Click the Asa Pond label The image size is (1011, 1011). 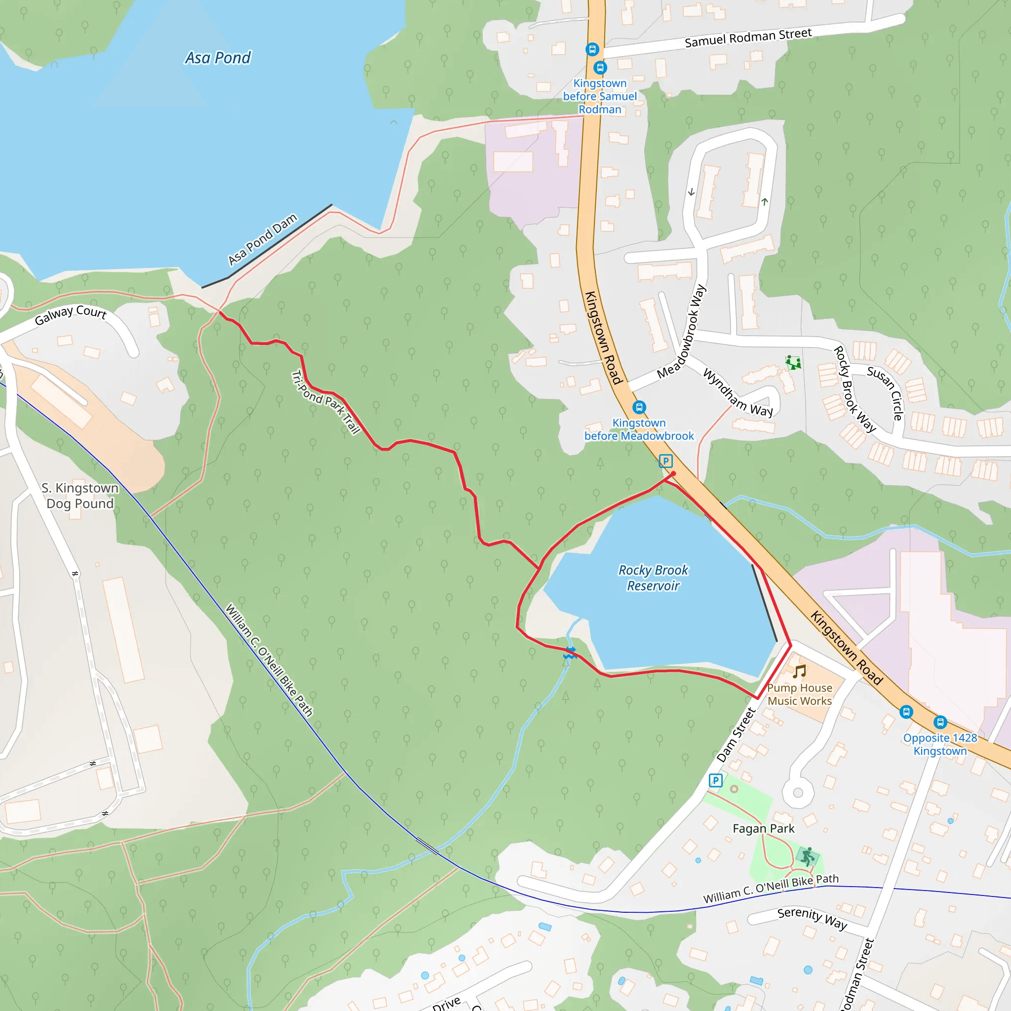tap(218, 58)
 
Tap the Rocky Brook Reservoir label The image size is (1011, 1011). tap(653, 578)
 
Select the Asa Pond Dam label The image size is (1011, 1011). tap(263, 239)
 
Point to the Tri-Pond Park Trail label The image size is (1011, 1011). tap(325, 402)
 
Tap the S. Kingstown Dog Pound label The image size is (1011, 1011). tap(80, 496)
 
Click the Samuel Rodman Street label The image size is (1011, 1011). tap(748, 38)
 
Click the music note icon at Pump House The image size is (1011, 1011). tap(799, 671)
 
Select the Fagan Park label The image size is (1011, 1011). tap(763, 829)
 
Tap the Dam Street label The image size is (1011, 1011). tap(736, 735)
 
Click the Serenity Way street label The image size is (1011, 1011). tap(812, 918)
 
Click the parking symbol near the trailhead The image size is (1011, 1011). tap(665, 461)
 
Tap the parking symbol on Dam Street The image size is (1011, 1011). tap(715, 781)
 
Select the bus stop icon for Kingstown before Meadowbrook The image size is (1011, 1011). tap(639, 407)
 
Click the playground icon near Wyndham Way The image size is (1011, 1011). tap(793, 362)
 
